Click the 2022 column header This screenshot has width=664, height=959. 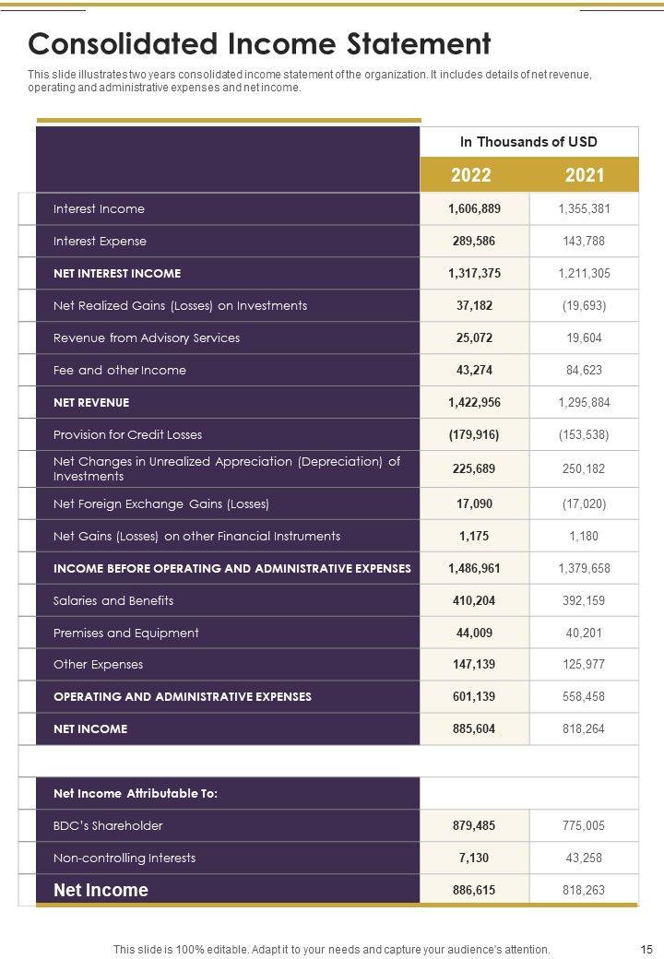click(470, 175)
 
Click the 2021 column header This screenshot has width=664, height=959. click(585, 175)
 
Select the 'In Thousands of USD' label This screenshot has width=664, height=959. click(528, 142)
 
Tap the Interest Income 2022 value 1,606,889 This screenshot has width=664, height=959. click(474, 209)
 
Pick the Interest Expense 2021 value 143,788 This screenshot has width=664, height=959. click(584, 242)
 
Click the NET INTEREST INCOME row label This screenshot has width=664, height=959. click(117, 274)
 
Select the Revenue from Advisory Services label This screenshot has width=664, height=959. click(147, 338)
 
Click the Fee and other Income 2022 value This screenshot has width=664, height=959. click(474, 371)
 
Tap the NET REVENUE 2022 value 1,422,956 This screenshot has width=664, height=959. click(474, 403)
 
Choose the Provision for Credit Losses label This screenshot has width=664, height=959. click(127, 435)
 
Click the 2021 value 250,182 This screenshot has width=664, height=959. click(584, 469)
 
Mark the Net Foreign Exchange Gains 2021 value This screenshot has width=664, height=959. click(584, 504)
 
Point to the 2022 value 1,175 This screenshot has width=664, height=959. click(474, 537)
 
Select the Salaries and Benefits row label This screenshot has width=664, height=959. click(113, 601)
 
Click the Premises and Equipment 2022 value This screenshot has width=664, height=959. click(474, 633)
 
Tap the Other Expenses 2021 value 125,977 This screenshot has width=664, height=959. click(584, 665)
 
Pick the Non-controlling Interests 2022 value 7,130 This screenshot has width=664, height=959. click(474, 858)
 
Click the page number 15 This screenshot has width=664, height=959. click(646, 949)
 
